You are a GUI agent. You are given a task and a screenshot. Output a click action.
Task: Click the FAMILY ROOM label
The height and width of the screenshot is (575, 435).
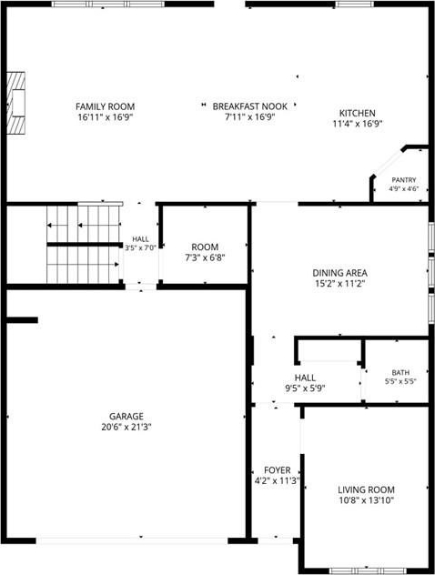(x=105, y=106)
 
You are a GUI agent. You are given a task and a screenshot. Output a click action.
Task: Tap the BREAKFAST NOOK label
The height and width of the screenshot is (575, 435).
(x=250, y=106)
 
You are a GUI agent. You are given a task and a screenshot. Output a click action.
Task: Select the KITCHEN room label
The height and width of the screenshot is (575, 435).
(x=358, y=114)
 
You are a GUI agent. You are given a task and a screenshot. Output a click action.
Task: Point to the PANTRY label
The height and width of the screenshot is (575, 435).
(x=404, y=180)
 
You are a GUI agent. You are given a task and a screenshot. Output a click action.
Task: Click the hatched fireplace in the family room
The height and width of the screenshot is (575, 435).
(x=15, y=103)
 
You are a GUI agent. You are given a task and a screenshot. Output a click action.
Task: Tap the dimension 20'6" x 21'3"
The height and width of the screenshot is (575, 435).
(x=126, y=427)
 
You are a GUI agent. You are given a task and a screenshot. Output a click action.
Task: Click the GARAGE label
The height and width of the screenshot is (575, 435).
(x=126, y=417)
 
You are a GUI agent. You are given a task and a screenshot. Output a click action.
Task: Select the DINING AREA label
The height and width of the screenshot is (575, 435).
(x=340, y=273)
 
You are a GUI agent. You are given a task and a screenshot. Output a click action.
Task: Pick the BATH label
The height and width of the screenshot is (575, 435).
(x=400, y=373)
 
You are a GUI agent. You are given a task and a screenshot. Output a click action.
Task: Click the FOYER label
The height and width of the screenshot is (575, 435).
(x=278, y=470)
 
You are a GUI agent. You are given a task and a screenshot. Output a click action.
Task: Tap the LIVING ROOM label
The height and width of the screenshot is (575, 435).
(x=367, y=489)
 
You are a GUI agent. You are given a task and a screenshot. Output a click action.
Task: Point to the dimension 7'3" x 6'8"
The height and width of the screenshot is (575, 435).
(x=205, y=257)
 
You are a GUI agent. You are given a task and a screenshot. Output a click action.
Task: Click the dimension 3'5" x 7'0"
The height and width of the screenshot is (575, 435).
(x=140, y=247)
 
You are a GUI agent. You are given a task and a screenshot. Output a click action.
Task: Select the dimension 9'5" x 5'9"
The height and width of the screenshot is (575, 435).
(x=305, y=388)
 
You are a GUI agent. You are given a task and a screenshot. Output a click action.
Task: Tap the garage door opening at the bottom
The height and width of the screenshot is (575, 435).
(x=132, y=540)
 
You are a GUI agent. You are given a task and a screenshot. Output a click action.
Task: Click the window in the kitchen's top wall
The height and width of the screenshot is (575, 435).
(x=355, y=4)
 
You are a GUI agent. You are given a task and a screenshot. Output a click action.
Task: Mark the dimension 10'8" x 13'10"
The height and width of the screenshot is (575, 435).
(x=367, y=499)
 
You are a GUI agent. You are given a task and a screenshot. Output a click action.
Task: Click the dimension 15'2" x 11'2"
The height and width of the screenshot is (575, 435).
(x=340, y=283)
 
